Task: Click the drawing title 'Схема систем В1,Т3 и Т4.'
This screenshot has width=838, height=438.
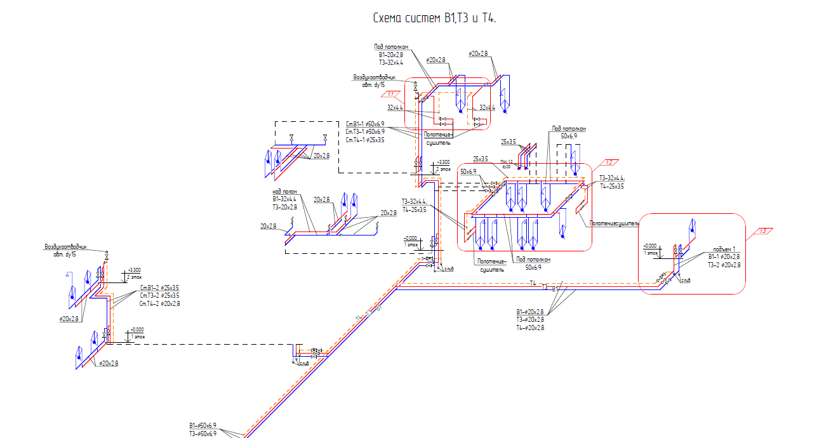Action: coord(434,18)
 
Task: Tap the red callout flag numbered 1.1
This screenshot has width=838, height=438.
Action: coord(391,95)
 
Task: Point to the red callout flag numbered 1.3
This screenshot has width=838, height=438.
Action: coord(763,231)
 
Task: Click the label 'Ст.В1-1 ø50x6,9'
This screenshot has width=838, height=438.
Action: coord(365,124)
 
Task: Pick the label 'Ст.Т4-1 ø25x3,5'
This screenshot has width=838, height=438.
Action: coord(365,140)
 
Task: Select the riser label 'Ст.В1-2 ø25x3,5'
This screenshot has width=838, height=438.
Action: coord(159,288)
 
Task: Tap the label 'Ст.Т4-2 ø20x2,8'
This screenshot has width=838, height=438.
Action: coord(159,303)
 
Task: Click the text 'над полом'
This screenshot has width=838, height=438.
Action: coord(285,191)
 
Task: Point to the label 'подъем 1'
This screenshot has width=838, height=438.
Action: coord(724,249)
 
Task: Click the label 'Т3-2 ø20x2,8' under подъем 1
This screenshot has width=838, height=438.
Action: coord(724,265)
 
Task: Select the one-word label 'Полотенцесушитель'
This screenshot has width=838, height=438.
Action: coord(614,223)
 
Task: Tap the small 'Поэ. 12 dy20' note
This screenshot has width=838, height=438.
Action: coord(506,164)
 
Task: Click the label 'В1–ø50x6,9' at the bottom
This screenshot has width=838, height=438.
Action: coord(203,425)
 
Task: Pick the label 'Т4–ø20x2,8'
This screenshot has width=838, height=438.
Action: coord(530,328)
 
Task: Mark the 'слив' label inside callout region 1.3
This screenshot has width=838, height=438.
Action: coord(685,280)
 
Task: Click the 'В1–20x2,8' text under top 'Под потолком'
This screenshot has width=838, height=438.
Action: coord(391,55)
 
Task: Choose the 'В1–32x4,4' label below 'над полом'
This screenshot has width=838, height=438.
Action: coord(284,199)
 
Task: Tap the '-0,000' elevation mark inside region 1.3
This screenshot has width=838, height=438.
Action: coord(650,246)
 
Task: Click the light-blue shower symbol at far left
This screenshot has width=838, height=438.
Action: coord(67,275)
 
